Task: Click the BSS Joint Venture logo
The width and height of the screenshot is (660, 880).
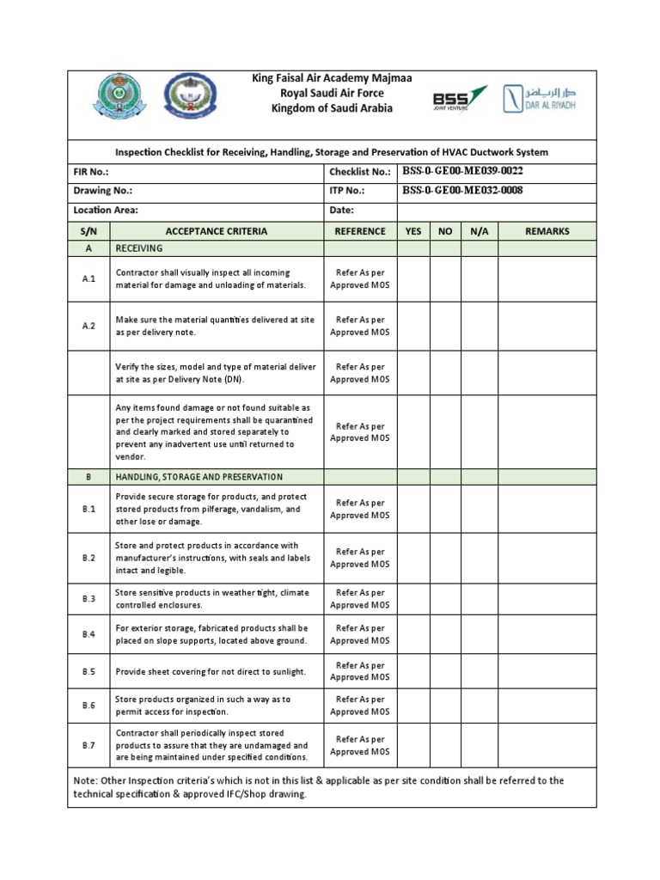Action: tap(460, 98)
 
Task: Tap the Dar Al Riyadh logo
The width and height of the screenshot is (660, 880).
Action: tap(540, 98)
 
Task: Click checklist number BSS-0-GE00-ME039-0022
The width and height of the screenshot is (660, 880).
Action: tap(462, 171)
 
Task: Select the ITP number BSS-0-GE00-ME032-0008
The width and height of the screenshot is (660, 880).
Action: tap(462, 190)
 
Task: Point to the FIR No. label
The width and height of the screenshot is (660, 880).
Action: tap(91, 172)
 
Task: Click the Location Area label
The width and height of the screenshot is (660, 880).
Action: tap(106, 210)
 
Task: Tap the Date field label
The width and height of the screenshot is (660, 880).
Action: tap(341, 210)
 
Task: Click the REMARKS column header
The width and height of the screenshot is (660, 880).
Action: tap(549, 231)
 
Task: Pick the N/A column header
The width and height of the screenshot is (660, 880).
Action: tap(479, 231)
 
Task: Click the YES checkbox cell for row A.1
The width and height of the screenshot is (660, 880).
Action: tap(413, 279)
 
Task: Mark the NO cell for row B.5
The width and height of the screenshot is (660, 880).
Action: tap(445, 672)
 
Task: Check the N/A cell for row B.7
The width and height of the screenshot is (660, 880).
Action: tap(479, 746)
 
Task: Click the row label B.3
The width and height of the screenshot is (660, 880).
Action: tap(89, 599)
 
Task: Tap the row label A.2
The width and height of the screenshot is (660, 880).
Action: tap(89, 327)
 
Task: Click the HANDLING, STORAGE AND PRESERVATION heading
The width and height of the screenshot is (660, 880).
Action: tap(199, 477)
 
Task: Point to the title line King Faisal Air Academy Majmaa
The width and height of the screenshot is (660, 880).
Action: tap(332, 78)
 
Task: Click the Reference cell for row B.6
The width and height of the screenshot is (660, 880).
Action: tap(360, 706)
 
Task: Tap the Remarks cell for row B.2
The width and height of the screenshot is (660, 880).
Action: tap(549, 559)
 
